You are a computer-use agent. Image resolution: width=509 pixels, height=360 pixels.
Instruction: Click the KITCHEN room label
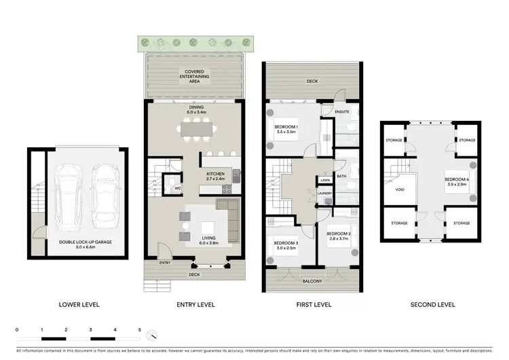coord(215,174)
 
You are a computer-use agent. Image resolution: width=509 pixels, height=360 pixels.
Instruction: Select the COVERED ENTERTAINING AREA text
coord(195,75)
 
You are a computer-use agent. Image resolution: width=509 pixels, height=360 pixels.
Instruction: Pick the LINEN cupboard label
coord(325,180)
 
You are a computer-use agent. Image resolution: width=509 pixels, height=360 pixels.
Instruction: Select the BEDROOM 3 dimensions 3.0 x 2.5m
coord(286,248)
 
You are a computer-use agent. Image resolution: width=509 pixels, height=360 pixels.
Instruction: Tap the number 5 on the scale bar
coord(140,329)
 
